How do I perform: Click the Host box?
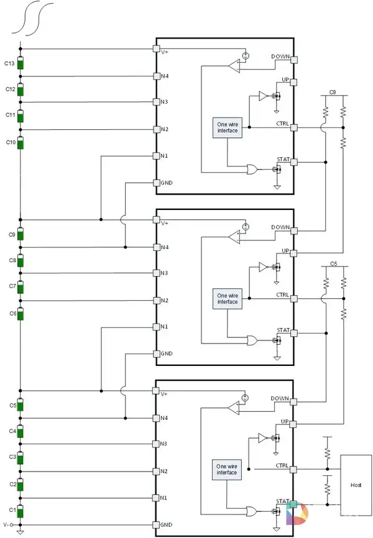pyautogui.click(x=356, y=485)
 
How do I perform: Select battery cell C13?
pyautogui.click(x=21, y=63)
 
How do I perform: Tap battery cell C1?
pyautogui.click(x=21, y=511)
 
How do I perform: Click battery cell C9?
pyautogui.click(x=21, y=234)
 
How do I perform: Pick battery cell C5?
pyautogui.click(x=21, y=405)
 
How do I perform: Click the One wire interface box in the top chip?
pyautogui.click(x=228, y=128)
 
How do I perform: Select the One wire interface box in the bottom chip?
pyautogui.click(x=227, y=470)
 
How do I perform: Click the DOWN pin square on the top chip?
pyautogui.click(x=294, y=60)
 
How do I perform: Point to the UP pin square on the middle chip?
pyautogui.click(x=293, y=253)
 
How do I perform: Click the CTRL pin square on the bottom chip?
pyautogui.click(x=293, y=469)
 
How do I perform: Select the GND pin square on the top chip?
pyautogui.click(x=156, y=183)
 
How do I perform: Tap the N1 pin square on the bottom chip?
pyautogui.click(x=155, y=498)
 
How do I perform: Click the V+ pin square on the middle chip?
pyautogui.click(x=156, y=219)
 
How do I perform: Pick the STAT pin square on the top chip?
pyautogui.click(x=293, y=162)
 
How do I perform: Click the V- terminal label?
pyautogui.click(x=6, y=524)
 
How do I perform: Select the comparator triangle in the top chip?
pyautogui.click(x=234, y=66)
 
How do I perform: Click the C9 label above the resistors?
pyautogui.click(x=333, y=93)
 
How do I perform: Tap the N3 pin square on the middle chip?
pyautogui.click(x=156, y=273)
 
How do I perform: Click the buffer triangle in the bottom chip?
pyautogui.click(x=262, y=438)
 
